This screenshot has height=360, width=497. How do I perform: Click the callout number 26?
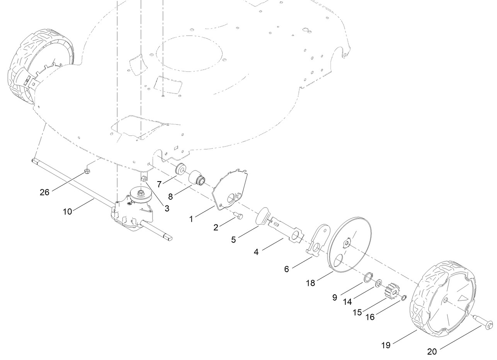(x=44, y=192)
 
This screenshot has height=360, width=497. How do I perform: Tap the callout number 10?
(x=68, y=211)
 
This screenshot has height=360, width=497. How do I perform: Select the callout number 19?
(x=386, y=345)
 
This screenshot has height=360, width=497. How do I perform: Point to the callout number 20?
(x=432, y=352)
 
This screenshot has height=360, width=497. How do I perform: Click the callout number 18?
(x=310, y=283)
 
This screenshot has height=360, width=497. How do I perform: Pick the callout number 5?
(x=233, y=239)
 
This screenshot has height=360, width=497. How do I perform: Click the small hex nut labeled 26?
(x=87, y=171)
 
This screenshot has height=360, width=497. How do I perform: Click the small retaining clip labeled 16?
(x=403, y=298)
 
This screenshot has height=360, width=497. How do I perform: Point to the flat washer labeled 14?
(x=378, y=283)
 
